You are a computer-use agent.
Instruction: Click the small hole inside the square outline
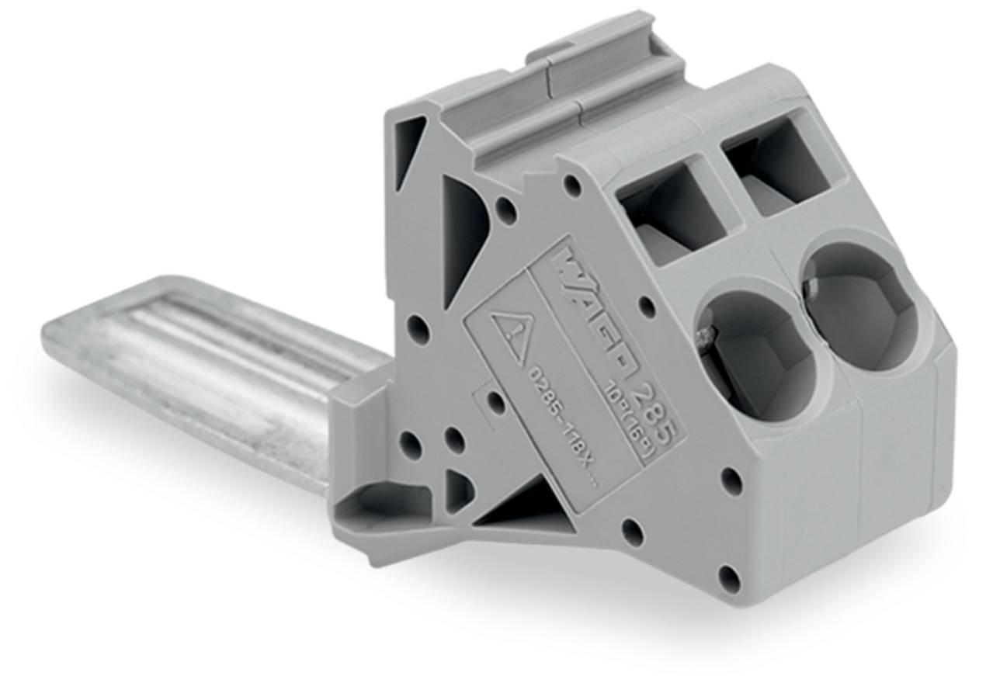pos(495,402)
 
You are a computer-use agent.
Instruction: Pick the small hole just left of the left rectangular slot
pos(572,185)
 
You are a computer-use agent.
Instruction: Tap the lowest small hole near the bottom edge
pos(728,578)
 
